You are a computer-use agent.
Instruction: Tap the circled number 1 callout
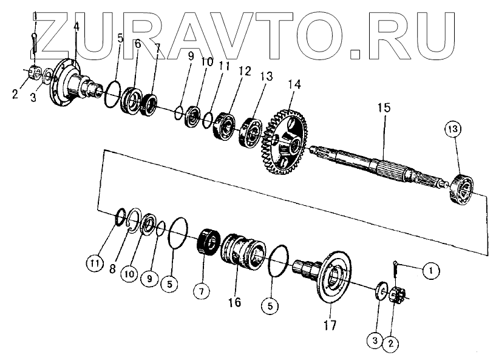tap(430, 268)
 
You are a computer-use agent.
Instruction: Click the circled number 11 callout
tap(93, 263)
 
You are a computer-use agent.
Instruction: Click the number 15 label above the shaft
tap(383, 108)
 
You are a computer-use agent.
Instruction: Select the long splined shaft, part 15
tap(376, 164)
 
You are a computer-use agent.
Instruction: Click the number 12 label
tap(243, 72)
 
